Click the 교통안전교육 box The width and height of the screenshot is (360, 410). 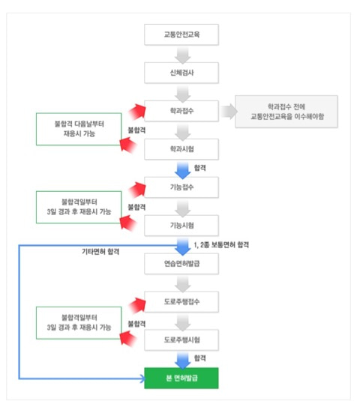181,34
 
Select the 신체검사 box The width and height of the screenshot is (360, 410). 181,73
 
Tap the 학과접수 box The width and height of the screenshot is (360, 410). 181,111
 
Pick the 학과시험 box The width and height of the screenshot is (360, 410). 181,149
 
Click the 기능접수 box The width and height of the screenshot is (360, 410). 181,187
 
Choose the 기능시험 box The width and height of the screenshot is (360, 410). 181,226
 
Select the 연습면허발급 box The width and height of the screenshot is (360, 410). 181,264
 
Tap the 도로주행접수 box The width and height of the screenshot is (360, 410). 181,302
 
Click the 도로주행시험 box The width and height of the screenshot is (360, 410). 181,340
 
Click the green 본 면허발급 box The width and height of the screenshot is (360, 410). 181,378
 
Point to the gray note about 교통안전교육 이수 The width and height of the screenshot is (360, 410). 286,112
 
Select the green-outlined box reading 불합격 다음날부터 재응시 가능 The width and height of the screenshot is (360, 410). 79,129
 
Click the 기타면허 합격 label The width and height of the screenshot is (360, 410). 100,252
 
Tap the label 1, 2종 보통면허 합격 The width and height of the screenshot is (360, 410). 221,245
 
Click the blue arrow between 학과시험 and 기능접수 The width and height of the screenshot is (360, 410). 182,170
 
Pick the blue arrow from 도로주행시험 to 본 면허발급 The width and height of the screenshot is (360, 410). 182,361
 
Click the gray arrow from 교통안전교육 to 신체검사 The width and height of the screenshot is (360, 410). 182,55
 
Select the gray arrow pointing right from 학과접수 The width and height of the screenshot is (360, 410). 229,112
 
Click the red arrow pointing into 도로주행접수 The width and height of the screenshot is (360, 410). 137,305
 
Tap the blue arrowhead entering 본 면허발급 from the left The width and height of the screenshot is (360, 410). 142,379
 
